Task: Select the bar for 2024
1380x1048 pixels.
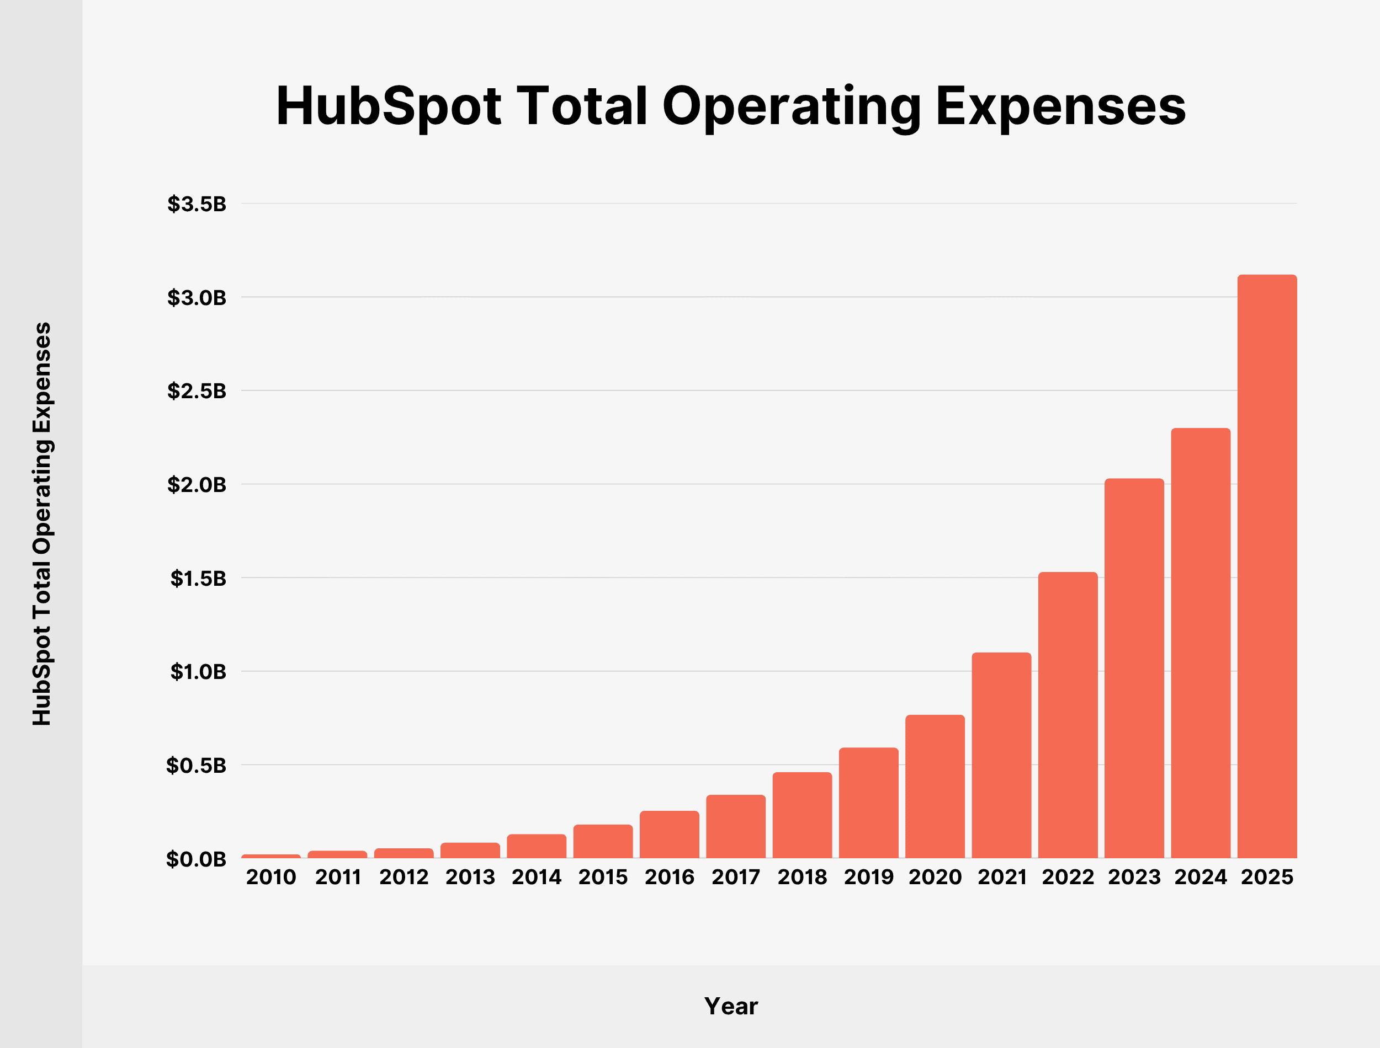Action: pos(1200,643)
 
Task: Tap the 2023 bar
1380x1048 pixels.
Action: pos(1134,668)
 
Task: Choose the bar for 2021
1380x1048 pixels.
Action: pos(1001,755)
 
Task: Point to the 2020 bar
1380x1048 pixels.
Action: pos(935,786)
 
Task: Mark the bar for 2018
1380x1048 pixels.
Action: pos(802,815)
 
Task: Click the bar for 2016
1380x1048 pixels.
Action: pos(669,834)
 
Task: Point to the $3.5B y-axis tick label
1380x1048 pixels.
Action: pos(197,204)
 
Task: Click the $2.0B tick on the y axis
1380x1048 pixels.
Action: pos(197,485)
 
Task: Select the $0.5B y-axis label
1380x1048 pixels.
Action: pos(196,766)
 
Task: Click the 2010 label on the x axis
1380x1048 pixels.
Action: pos(271,877)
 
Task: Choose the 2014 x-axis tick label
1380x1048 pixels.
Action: pos(537,877)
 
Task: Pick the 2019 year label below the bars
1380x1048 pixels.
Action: pos(869,877)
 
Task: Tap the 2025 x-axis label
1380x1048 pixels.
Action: pos(1267,877)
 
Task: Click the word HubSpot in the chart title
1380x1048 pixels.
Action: pos(388,106)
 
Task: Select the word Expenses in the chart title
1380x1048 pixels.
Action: pos(1060,106)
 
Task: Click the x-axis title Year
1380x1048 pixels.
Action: pos(731,1006)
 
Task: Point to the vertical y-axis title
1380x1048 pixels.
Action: pos(43,524)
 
